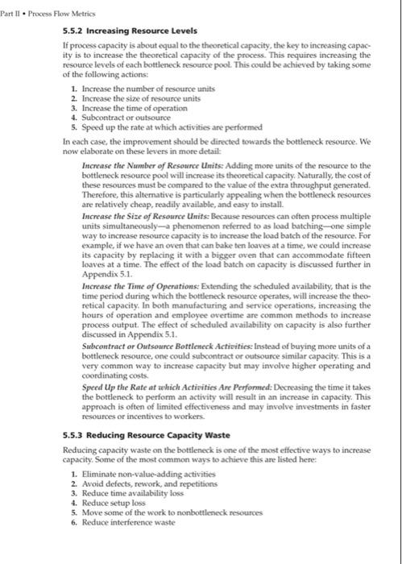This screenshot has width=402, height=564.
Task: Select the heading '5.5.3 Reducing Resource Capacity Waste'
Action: (139, 436)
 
